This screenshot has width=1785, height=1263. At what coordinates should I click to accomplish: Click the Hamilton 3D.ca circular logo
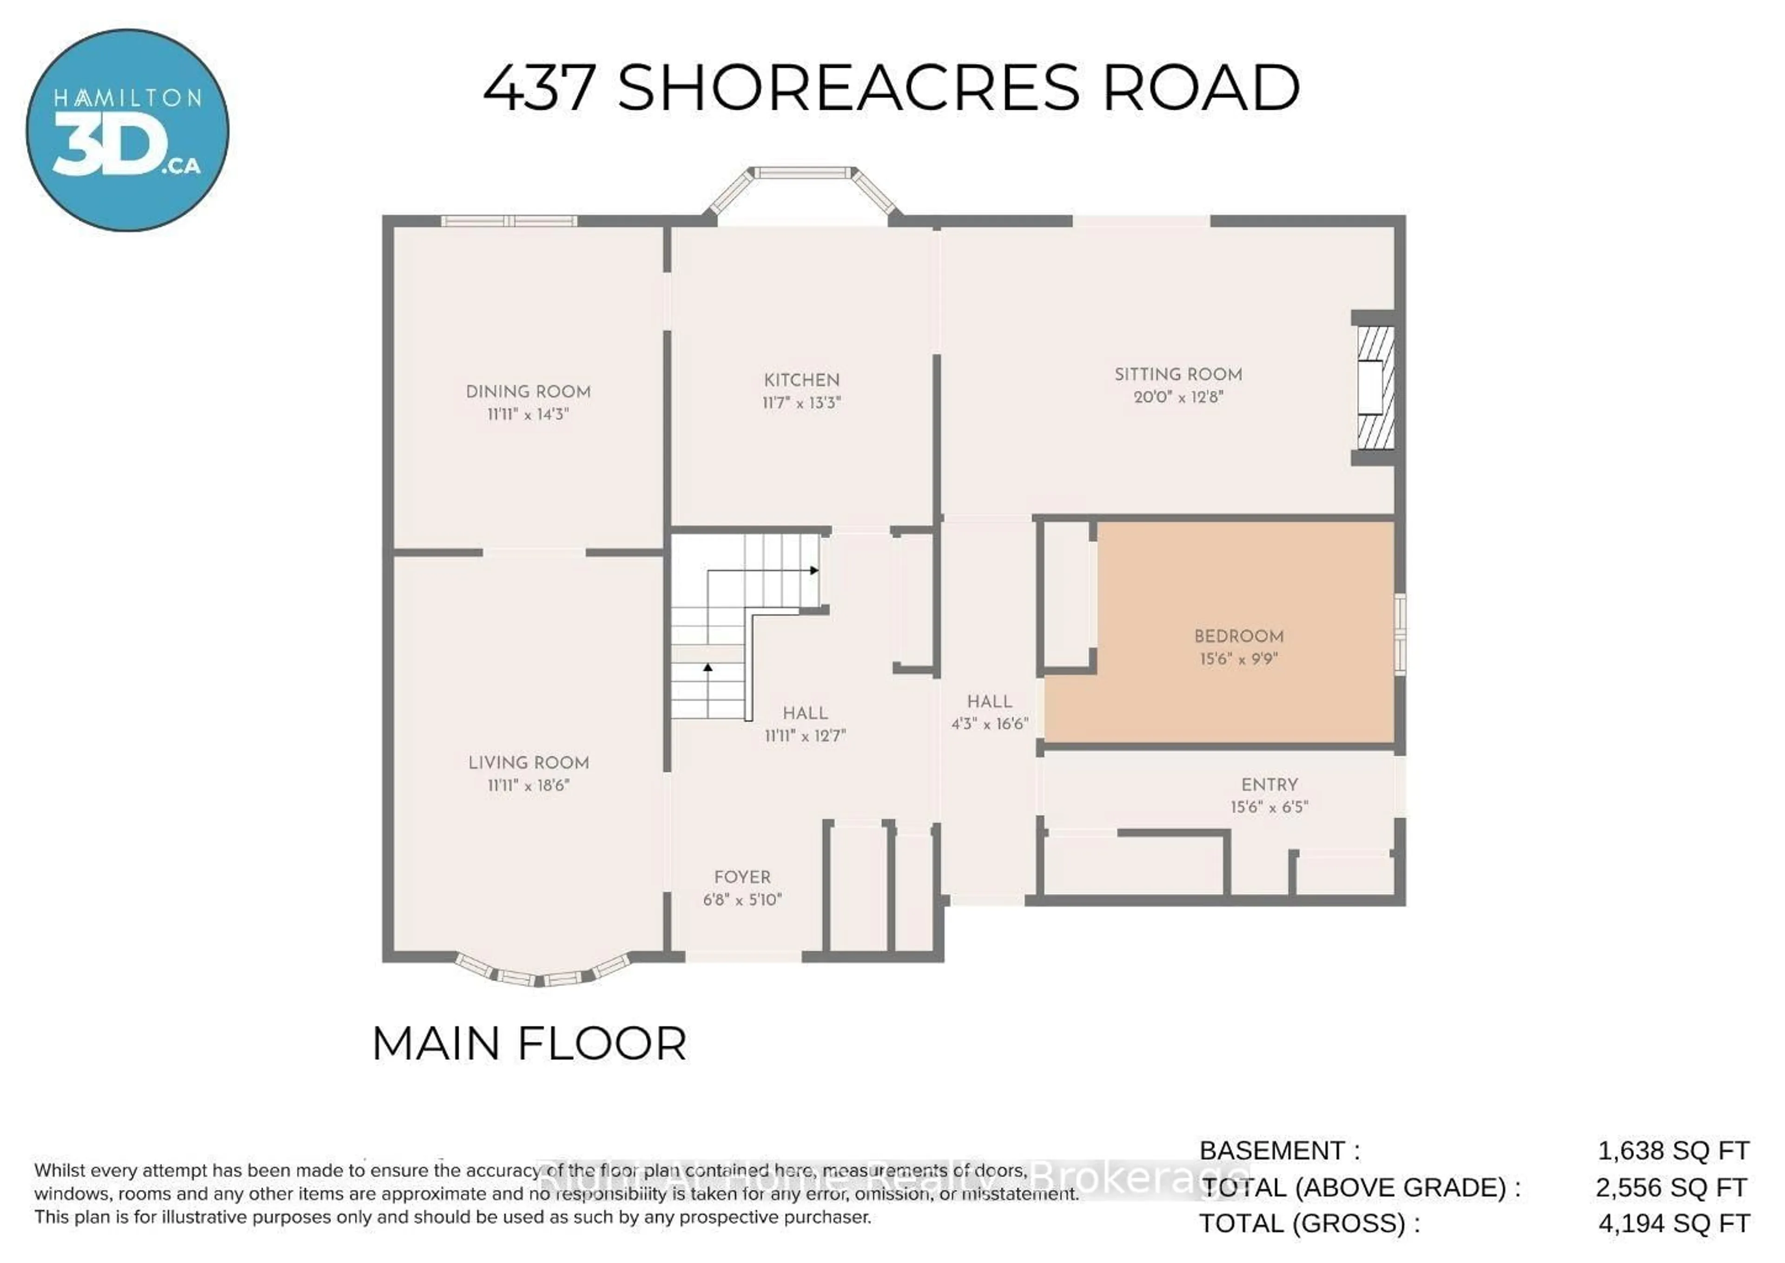[x=127, y=130]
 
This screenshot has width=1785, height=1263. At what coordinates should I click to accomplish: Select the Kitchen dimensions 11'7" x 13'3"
[x=801, y=403]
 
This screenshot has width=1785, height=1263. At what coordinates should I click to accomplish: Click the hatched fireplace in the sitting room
[x=1375, y=387]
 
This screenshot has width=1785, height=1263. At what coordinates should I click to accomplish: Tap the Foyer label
[x=742, y=877]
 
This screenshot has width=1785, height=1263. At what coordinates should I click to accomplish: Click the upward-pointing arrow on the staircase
[x=707, y=667]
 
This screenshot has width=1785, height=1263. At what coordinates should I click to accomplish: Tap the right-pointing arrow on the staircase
[x=814, y=570]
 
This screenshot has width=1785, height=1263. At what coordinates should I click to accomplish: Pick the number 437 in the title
[x=539, y=88]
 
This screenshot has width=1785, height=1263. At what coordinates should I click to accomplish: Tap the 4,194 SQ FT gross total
[x=1674, y=1223]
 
